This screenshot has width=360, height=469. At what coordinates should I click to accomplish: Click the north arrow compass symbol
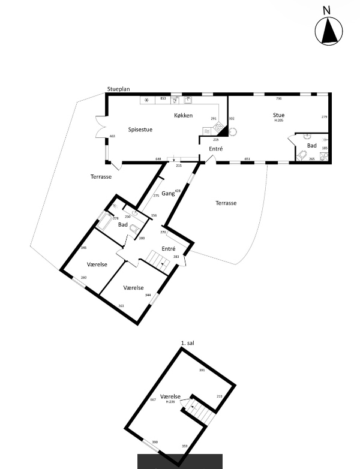329,31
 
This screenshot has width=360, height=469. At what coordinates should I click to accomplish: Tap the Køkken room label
183,115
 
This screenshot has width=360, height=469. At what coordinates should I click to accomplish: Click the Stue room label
278,115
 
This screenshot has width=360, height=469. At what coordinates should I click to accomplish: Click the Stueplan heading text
118,89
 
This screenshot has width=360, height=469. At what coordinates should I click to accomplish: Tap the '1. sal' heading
188,343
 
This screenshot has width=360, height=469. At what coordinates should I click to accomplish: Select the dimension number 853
163,98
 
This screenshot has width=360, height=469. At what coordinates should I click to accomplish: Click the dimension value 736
278,98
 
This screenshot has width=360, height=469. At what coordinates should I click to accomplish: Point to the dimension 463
112,137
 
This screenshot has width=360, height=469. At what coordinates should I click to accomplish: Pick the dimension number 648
158,159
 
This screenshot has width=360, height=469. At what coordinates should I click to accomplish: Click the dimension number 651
247,159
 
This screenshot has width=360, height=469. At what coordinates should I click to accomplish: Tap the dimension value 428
178,191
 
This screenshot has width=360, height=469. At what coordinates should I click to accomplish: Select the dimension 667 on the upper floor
153,400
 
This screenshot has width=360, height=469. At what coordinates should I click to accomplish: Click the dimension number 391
202,371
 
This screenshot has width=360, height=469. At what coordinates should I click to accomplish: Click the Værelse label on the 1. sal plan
170,396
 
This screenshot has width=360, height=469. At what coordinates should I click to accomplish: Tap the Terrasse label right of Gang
226,203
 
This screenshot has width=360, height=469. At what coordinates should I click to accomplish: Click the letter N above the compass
327,10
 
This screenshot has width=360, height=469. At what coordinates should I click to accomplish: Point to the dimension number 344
148,295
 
